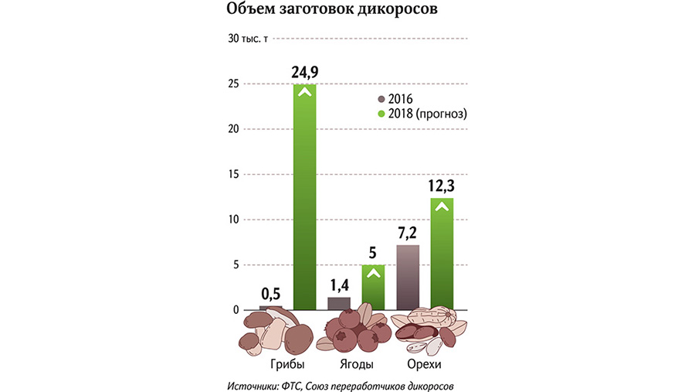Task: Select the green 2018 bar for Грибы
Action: pyautogui.click(x=304, y=197)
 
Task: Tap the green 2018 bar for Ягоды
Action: pyautogui.click(x=373, y=288)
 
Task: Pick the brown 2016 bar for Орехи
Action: pyautogui.click(x=407, y=278)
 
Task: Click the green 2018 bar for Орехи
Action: pyautogui.click(x=441, y=254)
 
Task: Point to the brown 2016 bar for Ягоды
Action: pyautogui.click(x=339, y=304)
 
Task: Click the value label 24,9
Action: pyautogui.click(x=304, y=73)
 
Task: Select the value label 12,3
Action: pyautogui.click(x=441, y=186)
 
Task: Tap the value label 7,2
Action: pyautogui.click(x=407, y=233)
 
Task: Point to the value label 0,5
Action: pyautogui.click(x=270, y=294)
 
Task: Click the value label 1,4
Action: pyautogui.click(x=339, y=285)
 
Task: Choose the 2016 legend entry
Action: pyautogui.click(x=395, y=99)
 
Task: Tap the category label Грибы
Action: pyautogui.click(x=287, y=363)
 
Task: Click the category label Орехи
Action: pyautogui.click(x=424, y=363)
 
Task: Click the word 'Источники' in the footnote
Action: pyautogui.click(x=256, y=384)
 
